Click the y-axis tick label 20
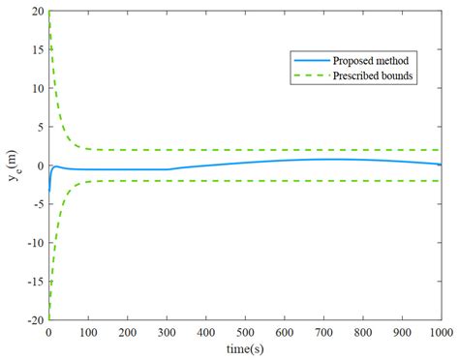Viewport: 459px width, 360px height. (35, 12)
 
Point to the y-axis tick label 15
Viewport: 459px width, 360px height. (35, 49)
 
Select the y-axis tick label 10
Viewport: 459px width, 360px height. (35, 88)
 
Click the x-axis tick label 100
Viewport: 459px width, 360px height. (87, 331)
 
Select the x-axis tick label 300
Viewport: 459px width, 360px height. (166, 331)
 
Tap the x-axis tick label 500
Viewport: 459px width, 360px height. (244, 331)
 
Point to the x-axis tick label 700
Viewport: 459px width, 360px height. (322, 331)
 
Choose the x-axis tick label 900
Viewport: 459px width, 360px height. (401, 331)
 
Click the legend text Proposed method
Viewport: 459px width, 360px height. (366, 59)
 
